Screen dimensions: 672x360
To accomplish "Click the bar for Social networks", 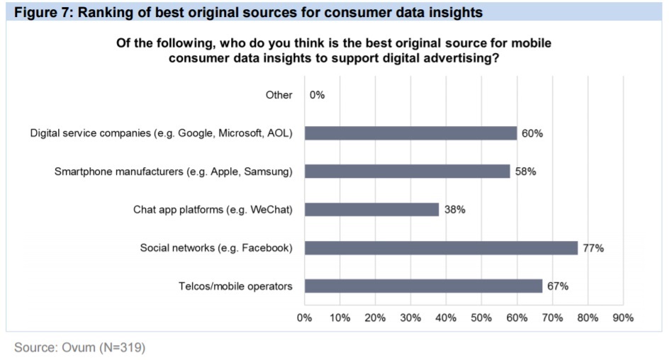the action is click(x=441, y=248).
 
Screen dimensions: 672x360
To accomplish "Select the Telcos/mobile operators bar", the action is click(x=423, y=286).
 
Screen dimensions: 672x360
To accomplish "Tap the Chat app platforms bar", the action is click(x=372, y=210).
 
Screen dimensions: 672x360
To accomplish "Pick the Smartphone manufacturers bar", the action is click(x=407, y=171).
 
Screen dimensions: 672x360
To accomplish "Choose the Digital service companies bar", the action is click(x=411, y=133).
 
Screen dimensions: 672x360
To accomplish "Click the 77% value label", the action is click(x=593, y=248).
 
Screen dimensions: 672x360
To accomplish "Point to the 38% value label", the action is click(x=454, y=210).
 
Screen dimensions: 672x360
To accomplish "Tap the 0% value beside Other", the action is click(x=317, y=95).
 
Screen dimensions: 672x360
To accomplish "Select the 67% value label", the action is click(x=558, y=286).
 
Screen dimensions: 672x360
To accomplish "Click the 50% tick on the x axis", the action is click(x=481, y=317).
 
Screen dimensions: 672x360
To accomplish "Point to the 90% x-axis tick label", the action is click(x=623, y=317).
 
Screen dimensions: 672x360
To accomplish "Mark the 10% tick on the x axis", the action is click(x=340, y=317).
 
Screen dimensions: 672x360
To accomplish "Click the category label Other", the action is click(x=279, y=95).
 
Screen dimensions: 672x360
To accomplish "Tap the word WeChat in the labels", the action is click(x=269, y=210).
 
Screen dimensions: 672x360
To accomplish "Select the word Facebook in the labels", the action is click(x=266, y=248).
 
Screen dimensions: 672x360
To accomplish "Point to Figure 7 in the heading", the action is click(x=43, y=13).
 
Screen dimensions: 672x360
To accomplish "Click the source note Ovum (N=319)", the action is click(x=103, y=347).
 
